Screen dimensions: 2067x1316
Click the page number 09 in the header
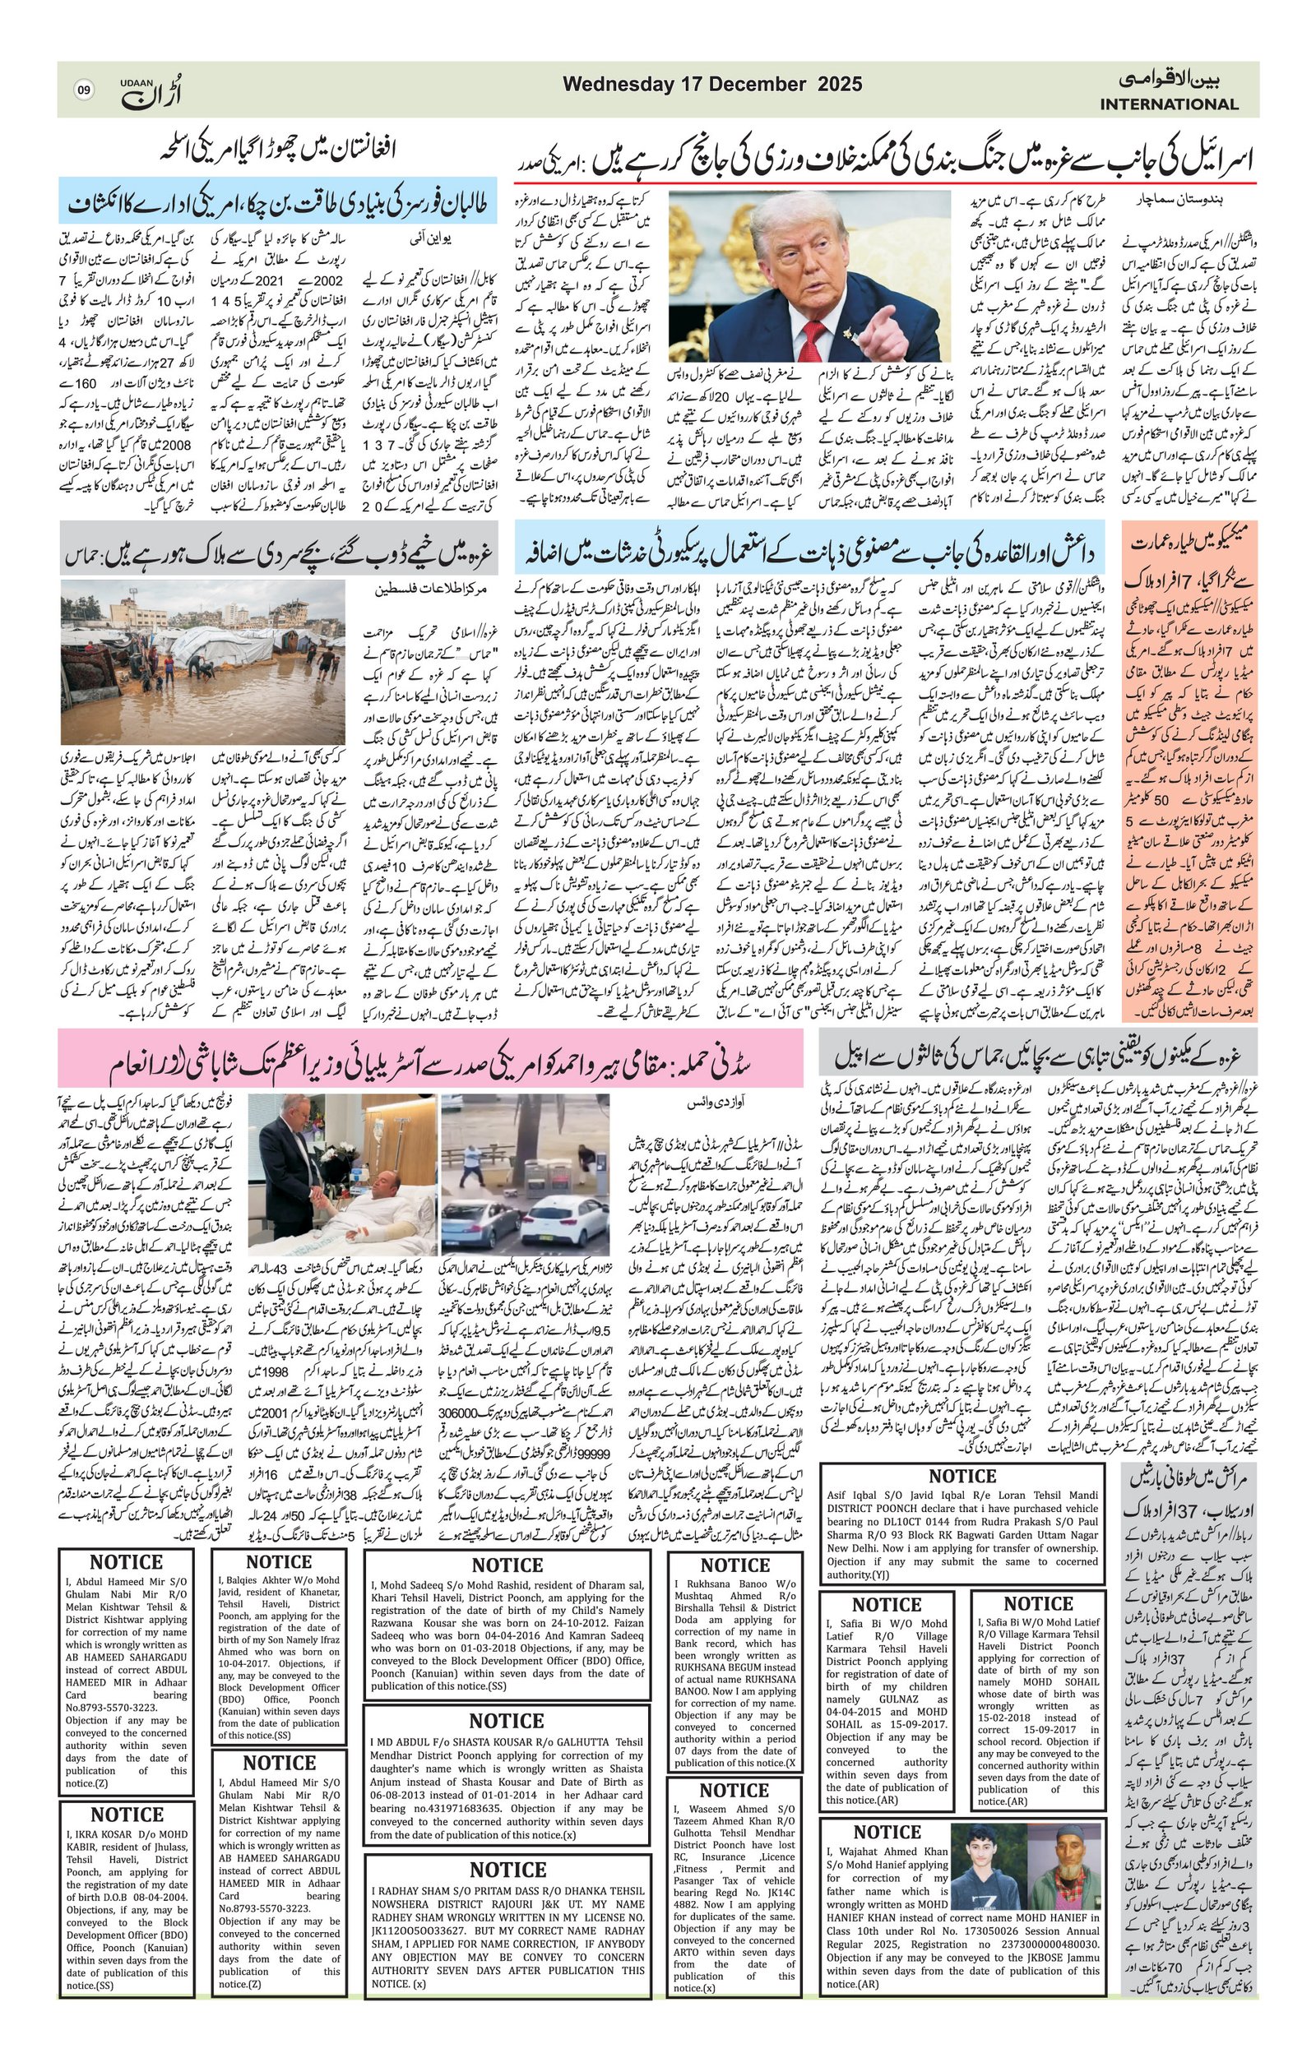coord(83,90)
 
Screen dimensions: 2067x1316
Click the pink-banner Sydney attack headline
coord(430,1067)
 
